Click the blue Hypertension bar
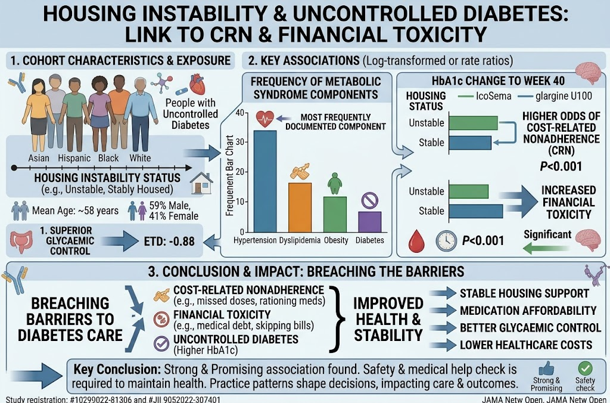(265, 181)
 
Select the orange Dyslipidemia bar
(300, 207)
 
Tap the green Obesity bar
(335, 215)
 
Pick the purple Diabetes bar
(369, 222)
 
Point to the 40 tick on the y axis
(240, 113)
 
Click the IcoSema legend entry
(484, 96)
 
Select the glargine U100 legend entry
(555, 96)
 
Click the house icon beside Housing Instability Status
(201, 183)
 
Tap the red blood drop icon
(416, 241)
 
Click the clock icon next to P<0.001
(446, 241)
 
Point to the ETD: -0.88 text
(169, 241)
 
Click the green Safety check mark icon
(585, 368)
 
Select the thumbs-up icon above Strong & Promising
(546, 368)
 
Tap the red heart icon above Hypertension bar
(265, 119)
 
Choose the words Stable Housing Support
(524, 293)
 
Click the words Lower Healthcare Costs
(526, 345)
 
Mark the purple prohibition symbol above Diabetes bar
(369, 201)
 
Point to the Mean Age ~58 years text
(75, 210)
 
